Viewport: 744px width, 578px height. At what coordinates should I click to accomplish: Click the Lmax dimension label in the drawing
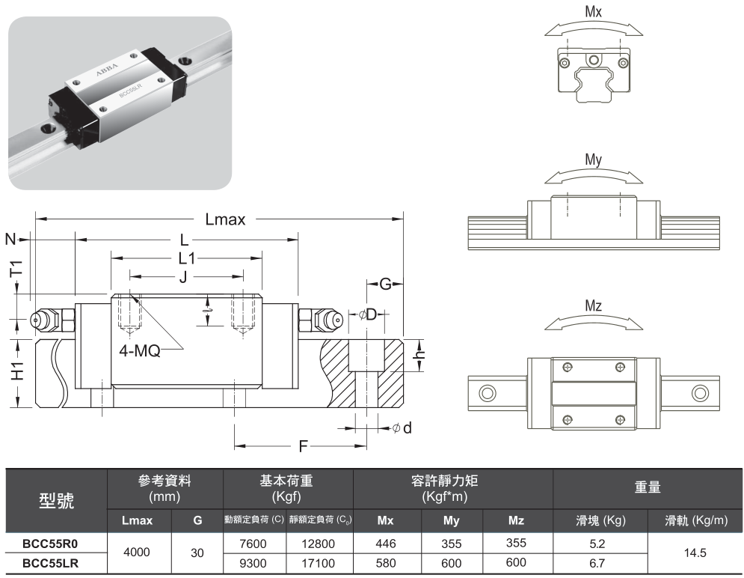click(225, 219)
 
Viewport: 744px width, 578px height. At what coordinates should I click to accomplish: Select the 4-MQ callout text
click(139, 350)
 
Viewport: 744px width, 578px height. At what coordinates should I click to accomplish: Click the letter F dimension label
click(304, 447)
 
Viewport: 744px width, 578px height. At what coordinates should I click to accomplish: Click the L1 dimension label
click(185, 259)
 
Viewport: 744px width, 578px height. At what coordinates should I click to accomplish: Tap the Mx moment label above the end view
click(594, 13)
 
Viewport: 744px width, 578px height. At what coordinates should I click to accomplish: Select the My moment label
click(594, 160)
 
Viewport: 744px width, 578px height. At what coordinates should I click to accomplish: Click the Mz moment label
click(594, 305)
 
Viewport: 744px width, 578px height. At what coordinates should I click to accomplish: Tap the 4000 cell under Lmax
click(138, 553)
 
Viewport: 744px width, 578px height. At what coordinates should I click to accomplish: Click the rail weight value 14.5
click(695, 553)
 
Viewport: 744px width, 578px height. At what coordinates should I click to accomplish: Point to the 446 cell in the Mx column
click(386, 544)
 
